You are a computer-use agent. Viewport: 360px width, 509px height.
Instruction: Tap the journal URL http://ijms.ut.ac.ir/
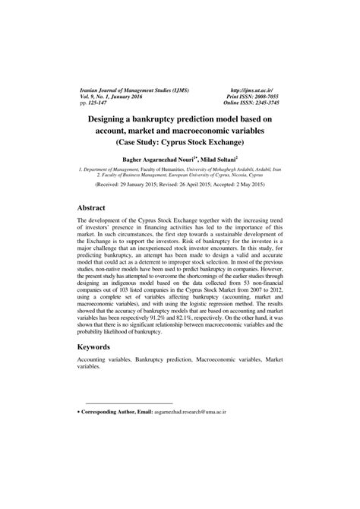[x=257, y=90]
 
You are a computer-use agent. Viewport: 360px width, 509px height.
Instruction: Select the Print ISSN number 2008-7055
[x=265, y=97]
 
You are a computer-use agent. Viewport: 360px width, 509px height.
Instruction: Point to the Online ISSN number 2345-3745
[x=265, y=104]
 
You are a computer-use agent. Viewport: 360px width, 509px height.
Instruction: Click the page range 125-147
[x=100, y=104]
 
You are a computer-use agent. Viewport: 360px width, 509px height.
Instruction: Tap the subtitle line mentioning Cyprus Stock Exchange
[x=179, y=143]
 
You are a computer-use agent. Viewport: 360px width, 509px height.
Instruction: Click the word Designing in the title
[x=122, y=119]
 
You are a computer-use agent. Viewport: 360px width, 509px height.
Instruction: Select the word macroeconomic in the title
[x=224, y=131]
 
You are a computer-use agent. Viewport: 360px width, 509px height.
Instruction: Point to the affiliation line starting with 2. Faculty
[x=179, y=175]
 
